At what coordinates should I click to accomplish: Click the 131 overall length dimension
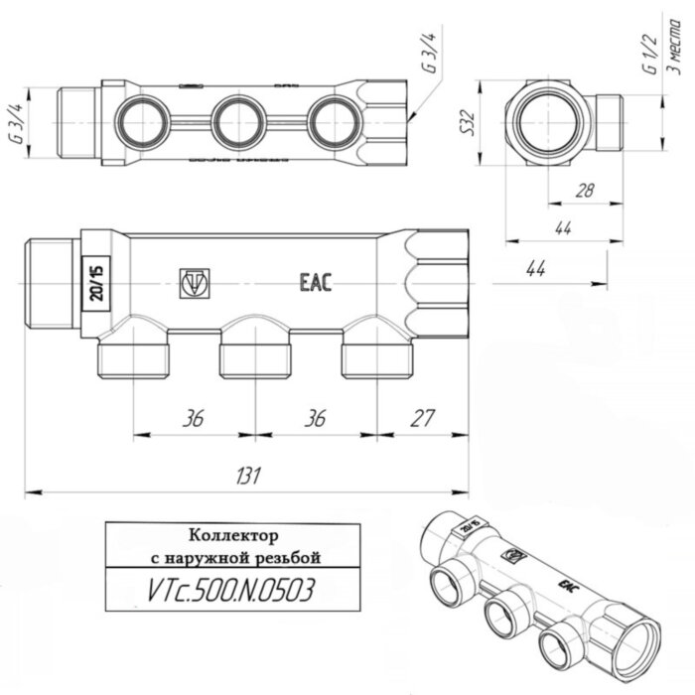click(246, 477)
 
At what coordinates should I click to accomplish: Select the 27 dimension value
click(421, 418)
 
